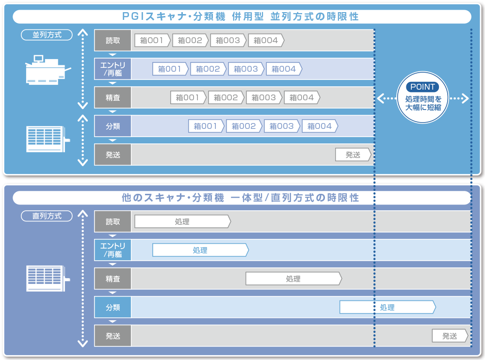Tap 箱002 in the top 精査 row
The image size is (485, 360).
tap(226, 98)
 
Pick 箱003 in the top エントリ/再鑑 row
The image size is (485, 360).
tap(246, 69)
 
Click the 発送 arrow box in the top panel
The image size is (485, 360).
tap(353, 155)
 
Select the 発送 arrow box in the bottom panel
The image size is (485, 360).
tap(450, 336)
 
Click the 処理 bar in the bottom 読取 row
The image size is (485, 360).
tap(182, 222)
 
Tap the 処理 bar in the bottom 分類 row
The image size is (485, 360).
tap(387, 308)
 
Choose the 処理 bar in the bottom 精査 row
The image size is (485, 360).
tap(293, 279)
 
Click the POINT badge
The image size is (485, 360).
tap(423, 87)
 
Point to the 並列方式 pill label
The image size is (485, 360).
tap(47, 35)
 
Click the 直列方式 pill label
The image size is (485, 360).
tap(47, 216)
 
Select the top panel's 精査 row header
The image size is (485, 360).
tap(113, 98)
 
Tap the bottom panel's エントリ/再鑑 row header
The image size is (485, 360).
tap(113, 250)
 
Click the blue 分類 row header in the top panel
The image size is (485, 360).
tap(113, 126)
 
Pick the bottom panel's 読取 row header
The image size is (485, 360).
tap(113, 222)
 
